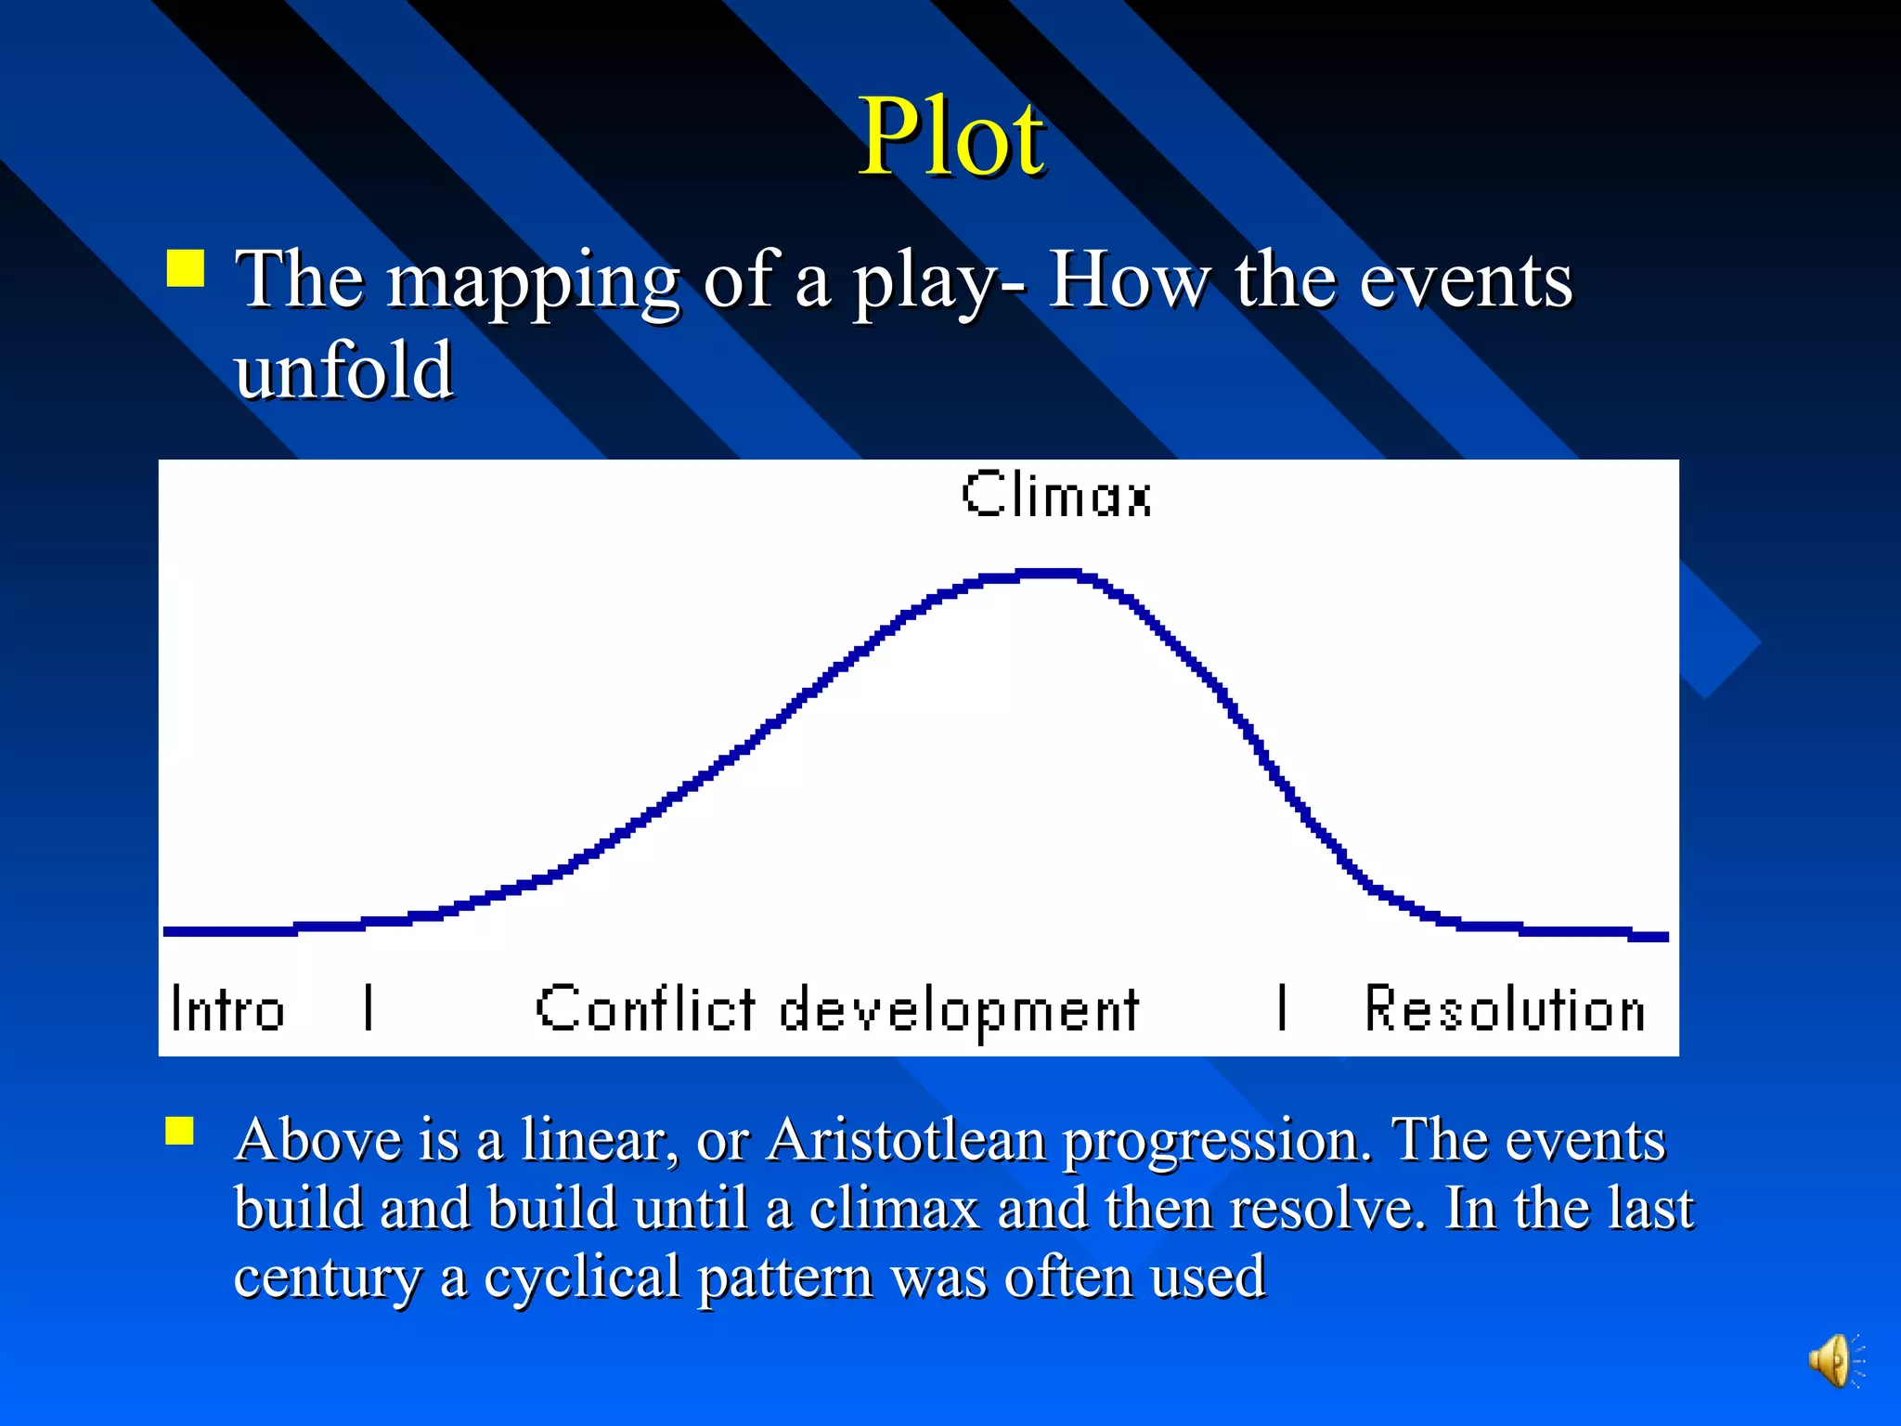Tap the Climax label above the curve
[x=1056, y=494]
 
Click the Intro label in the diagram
[x=227, y=1009]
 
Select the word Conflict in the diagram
[x=646, y=1008]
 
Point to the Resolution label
[x=1504, y=1009]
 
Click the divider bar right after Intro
[x=369, y=1008]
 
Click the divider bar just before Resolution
[x=1282, y=1008]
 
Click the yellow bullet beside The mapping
[x=186, y=268]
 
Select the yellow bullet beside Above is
[x=180, y=1132]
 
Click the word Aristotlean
[x=906, y=1140]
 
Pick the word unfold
[x=343, y=370]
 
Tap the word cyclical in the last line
[x=582, y=1277]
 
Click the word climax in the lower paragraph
[x=894, y=1209]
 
